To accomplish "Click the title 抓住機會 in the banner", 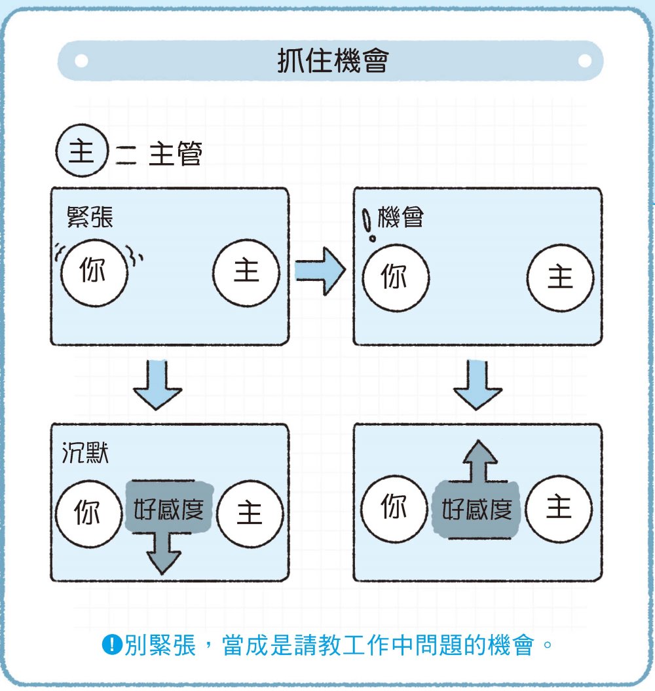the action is [333, 61].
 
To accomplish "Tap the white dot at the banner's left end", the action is [81, 61].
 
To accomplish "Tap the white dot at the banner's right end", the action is [584, 61].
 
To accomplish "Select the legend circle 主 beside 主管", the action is [82, 151].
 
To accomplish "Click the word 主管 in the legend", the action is [176, 153].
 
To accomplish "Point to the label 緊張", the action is [90, 217].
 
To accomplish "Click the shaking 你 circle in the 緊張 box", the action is [94, 272].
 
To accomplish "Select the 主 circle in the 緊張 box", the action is [246, 272].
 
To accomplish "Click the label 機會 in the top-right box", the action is [401, 217].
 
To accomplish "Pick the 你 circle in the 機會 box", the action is [396, 278].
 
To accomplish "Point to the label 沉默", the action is [85, 453].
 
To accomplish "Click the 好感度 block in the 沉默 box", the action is [169, 507].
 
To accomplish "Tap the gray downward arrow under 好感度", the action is [162, 553].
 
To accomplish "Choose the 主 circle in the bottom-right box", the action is [559, 508].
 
